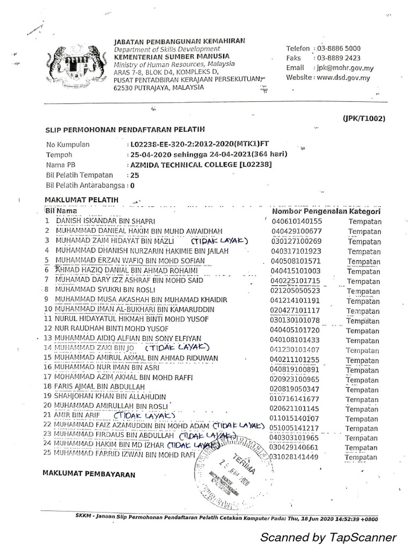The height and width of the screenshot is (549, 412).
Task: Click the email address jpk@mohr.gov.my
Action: click(345, 68)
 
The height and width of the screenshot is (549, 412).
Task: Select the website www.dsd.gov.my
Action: click(343, 78)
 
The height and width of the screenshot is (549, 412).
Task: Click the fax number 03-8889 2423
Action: click(339, 58)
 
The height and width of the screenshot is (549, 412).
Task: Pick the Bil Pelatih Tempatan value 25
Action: click(135, 175)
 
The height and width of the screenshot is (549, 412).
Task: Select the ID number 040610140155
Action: click(297, 221)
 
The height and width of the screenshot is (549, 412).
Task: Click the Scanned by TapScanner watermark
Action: click(328, 537)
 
